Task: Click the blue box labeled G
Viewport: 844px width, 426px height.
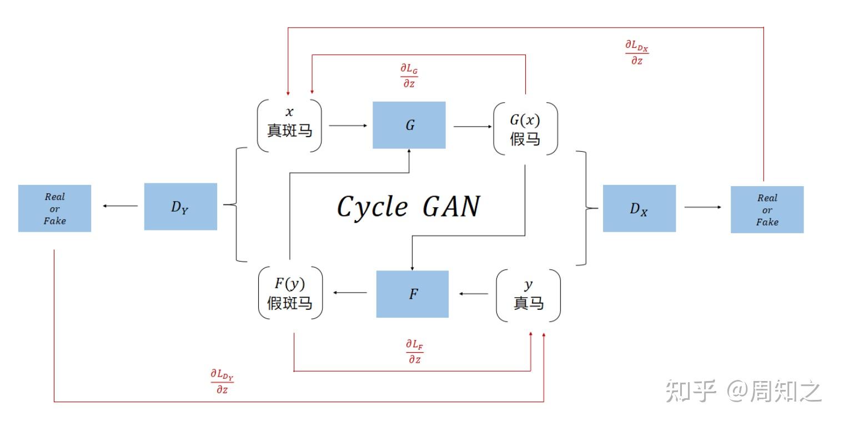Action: (x=409, y=125)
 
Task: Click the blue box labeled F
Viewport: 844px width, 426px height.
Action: (x=413, y=294)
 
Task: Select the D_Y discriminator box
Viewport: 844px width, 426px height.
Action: (x=180, y=207)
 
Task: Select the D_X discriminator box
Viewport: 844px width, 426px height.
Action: (x=639, y=208)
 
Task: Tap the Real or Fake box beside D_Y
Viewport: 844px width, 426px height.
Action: (x=54, y=208)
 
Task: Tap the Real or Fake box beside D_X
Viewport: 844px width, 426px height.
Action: (x=767, y=209)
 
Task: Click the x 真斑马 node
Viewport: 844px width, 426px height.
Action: (x=289, y=125)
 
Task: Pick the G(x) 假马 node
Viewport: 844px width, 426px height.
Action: (x=525, y=128)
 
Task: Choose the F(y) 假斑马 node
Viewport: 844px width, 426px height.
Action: (x=290, y=293)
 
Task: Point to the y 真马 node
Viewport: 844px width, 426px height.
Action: (x=528, y=295)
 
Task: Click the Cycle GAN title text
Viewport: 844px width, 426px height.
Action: (x=408, y=207)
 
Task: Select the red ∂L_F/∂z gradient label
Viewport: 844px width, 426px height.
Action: (x=414, y=351)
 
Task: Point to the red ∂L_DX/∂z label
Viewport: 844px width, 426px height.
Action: (x=637, y=52)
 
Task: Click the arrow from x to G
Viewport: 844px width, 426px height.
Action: (x=348, y=126)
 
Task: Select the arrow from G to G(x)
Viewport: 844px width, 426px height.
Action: (x=473, y=127)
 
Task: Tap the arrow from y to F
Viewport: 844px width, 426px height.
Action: (x=474, y=294)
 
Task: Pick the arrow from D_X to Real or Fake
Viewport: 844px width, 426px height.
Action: (x=702, y=207)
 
